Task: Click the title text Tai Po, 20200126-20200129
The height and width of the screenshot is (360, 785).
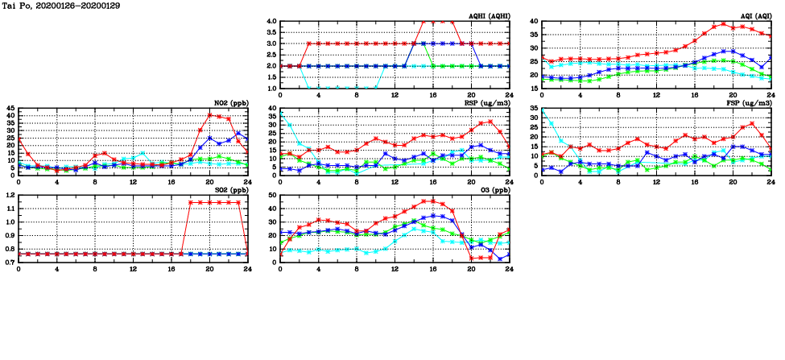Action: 52,6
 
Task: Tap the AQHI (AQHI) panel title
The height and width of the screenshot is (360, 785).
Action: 486,16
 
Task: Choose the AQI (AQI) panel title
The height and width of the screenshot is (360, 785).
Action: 751,16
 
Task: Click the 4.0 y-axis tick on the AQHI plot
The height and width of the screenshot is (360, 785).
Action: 271,22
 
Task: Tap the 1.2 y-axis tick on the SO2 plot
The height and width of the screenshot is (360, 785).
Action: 10,196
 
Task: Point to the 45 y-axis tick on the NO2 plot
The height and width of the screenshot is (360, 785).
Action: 10,109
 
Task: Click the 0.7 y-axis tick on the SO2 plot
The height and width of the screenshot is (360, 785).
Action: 10,263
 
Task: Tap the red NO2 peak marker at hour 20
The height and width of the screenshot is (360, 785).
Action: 209,114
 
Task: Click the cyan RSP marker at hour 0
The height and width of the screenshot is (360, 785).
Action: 280,114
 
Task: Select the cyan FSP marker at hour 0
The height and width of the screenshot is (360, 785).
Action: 543,110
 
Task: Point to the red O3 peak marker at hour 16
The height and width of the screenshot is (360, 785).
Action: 432,201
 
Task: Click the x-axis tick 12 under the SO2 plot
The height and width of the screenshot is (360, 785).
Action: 133,268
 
